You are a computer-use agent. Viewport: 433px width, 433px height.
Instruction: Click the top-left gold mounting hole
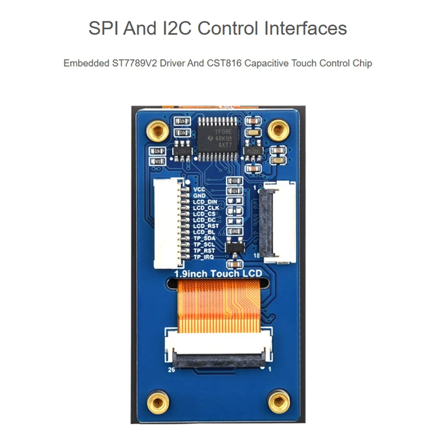[158, 131]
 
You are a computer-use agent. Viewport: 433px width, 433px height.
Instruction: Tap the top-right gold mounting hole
[278, 130]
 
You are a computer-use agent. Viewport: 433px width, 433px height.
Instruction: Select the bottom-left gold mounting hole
[158, 402]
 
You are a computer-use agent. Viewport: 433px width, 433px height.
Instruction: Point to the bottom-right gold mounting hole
[279, 402]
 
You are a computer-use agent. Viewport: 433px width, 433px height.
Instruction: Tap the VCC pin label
[199, 189]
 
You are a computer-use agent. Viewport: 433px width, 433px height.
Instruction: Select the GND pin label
[199, 196]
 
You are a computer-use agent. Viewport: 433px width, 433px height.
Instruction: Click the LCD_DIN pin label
[205, 202]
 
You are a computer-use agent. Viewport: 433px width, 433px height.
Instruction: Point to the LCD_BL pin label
[204, 232]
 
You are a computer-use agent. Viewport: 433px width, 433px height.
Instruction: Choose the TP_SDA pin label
[204, 238]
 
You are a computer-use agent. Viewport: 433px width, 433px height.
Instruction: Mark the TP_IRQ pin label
[204, 257]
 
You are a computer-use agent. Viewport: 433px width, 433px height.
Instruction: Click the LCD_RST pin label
[206, 226]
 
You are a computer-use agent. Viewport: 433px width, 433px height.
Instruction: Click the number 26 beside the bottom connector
[171, 369]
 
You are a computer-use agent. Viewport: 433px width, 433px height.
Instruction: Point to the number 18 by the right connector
[257, 255]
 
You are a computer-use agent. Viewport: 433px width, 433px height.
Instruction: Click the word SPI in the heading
[104, 28]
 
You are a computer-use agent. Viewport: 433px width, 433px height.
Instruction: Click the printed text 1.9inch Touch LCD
[218, 274]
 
